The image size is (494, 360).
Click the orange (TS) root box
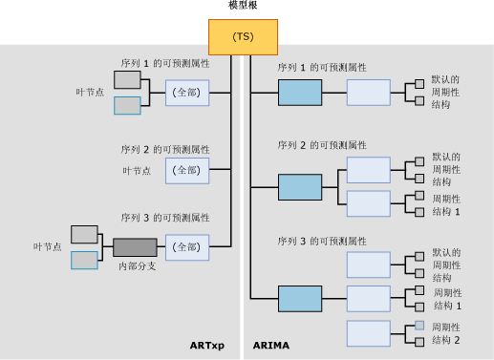tap(243, 36)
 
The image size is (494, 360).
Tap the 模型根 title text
tap(243, 6)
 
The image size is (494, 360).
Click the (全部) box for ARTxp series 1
tap(186, 93)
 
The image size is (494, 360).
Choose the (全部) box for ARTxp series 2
tap(186, 170)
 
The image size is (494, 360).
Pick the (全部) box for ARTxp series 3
tap(186, 247)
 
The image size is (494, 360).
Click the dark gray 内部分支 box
tap(134, 247)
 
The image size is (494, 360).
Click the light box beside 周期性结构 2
tap(368, 333)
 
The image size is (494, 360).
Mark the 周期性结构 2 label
tap(446, 333)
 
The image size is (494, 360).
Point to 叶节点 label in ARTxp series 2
tap(140, 170)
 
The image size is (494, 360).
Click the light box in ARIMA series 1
tap(368, 93)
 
